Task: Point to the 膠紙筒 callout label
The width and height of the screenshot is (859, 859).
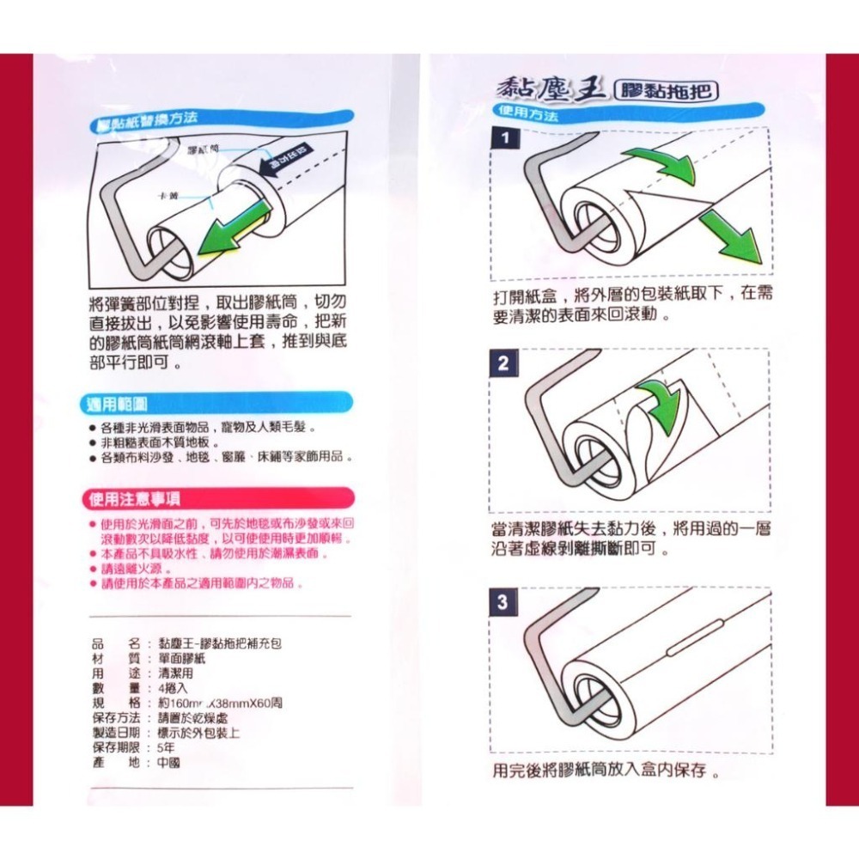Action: tap(202, 150)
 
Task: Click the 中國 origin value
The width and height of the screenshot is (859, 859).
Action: tap(168, 762)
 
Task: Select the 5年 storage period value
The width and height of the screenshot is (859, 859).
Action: tap(167, 746)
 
